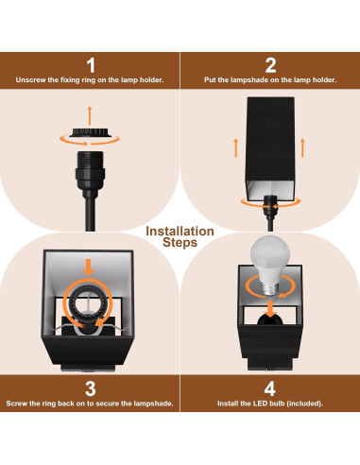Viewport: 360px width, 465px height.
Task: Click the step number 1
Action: [91, 64]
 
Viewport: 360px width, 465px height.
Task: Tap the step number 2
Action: [270, 64]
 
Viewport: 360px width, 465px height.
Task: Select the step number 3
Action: [91, 387]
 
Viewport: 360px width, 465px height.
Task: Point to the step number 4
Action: [270, 387]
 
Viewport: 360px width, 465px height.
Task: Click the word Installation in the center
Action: [180, 231]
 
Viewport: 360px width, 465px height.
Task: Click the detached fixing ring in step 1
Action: [91, 134]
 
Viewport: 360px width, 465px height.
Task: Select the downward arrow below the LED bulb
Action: [270, 308]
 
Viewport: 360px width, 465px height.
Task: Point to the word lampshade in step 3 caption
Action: [149, 404]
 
